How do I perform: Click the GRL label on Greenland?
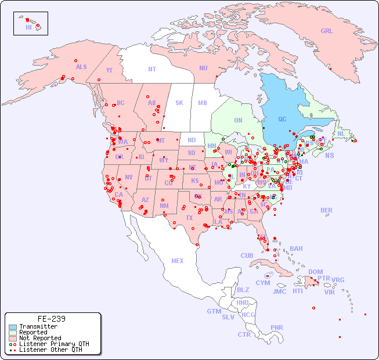pos(327,31)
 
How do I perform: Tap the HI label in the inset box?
pos(28,27)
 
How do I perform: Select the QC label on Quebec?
pos(282,120)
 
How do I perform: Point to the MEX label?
pos(178,261)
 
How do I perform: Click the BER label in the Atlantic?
pos(327,210)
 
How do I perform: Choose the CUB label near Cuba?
pos(247,255)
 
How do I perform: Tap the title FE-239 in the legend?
pos(52,319)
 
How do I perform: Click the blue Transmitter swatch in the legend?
pos(13,327)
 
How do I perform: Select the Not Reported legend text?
pos(40,338)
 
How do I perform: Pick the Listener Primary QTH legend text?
pos(54,344)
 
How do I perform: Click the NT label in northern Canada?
pos(152,69)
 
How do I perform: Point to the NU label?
pos(203,68)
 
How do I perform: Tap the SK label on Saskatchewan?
pos(179,103)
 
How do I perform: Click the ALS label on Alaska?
pos(81,67)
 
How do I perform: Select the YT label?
pos(109,70)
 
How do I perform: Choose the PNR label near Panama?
pos(277,327)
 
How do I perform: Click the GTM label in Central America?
pos(214,311)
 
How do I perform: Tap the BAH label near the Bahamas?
pos(296,249)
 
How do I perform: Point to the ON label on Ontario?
pos(238,120)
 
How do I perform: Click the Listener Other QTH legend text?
pos(50,350)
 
